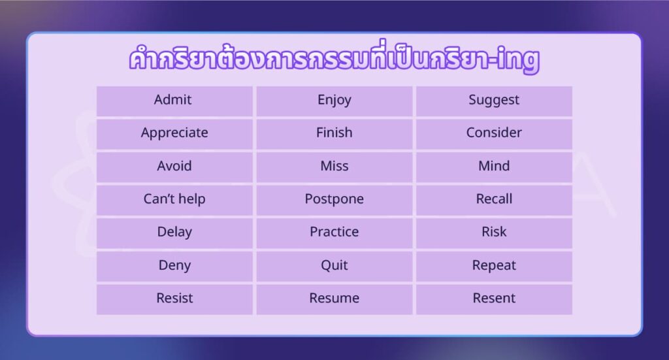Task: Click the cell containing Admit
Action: pyautogui.click(x=173, y=100)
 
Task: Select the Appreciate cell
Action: pyautogui.click(x=174, y=133)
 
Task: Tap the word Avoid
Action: pyautogui.click(x=174, y=166)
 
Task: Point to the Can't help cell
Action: pyautogui.click(x=174, y=199)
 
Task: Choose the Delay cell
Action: pyautogui.click(x=174, y=232)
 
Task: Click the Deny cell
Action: pyautogui.click(x=174, y=265)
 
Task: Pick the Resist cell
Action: pyautogui.click(x=174, y=298)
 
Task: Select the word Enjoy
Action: pyautogui.click(x=334, y=100)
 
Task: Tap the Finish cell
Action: pyautogui.click(x=334, y=133)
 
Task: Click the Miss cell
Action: pyautogui.click(x=334, y=166)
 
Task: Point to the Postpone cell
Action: pyautogui.click(x=334, y=199)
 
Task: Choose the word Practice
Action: pyautogui.click(x=334, y=232)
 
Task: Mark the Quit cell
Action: pyautogui.click(x=334, y=265)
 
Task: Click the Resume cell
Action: pyautogui.click(x=334, y=298)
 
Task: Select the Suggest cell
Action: pyautogui.click(x=494, y=100)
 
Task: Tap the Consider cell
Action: pyautogui.click(x=494, y=133)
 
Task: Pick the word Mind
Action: pyautogui.click(x=494, y=166)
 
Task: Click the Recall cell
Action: pyautogui.click(x=494, y=199)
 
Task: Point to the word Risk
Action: pyautogui.click(x=494, y=232)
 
